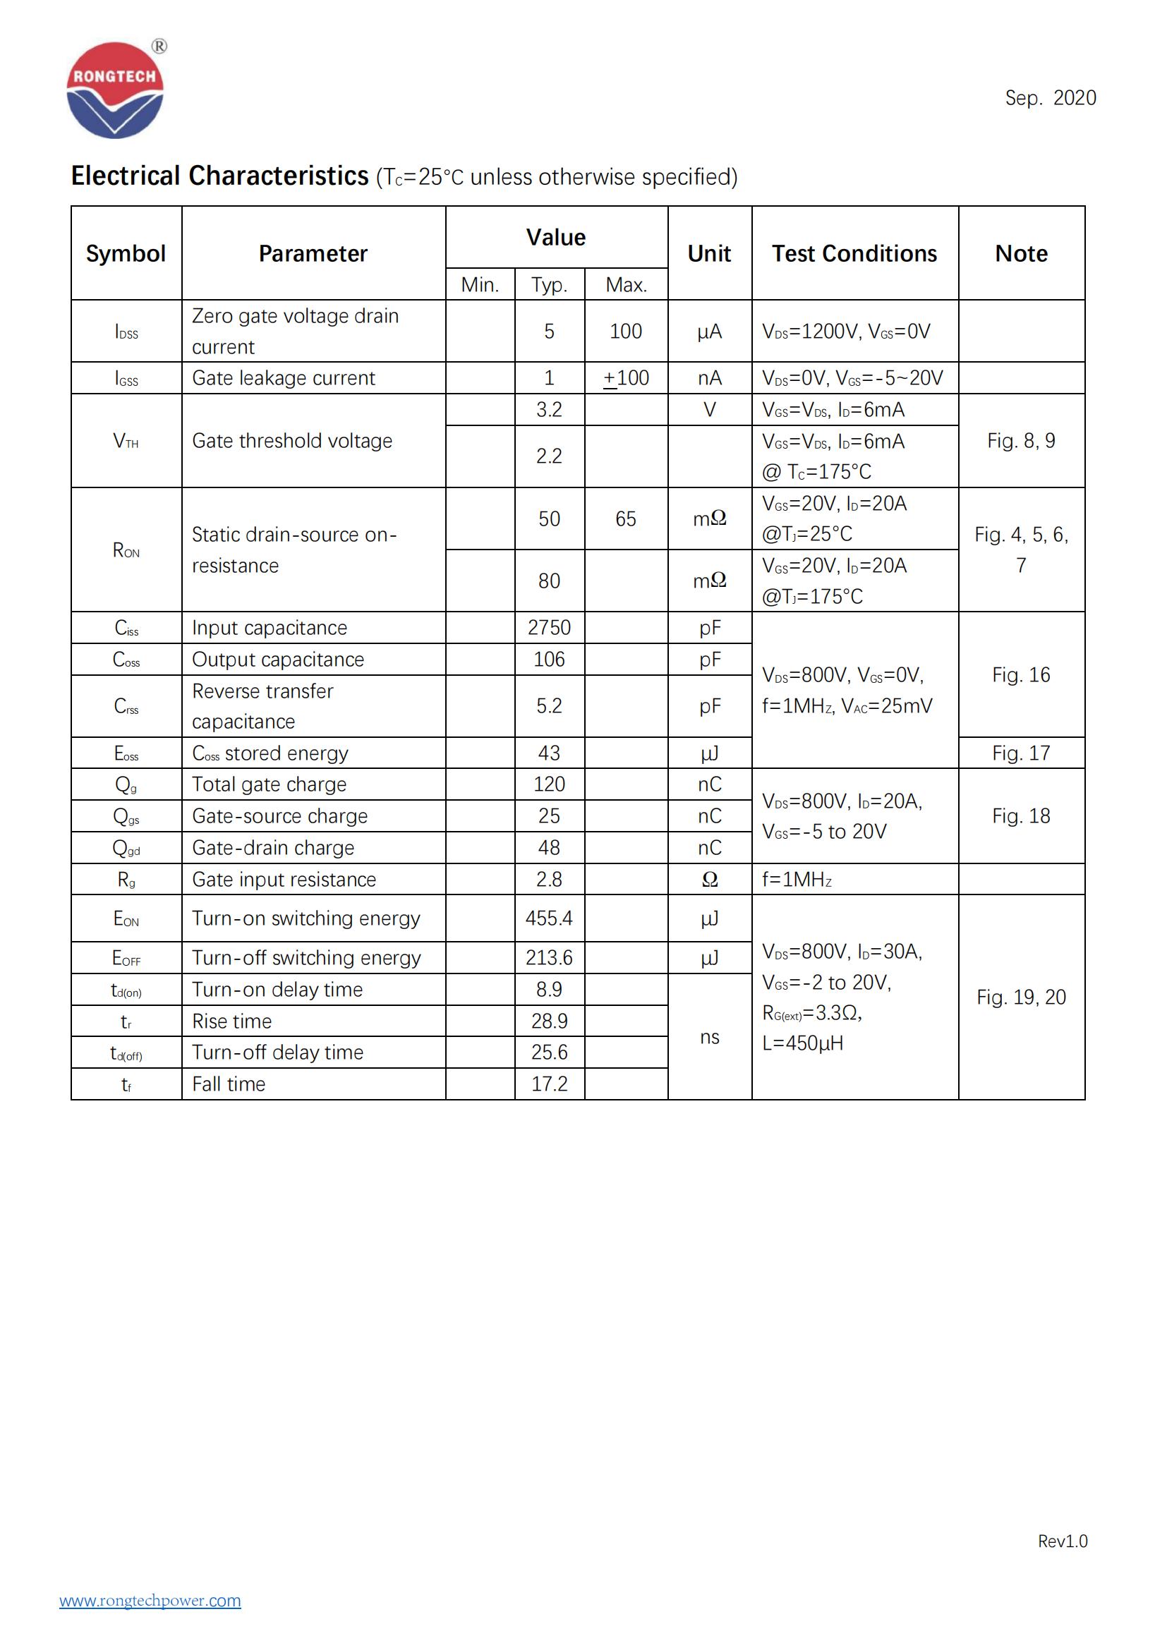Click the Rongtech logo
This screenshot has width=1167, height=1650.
115,90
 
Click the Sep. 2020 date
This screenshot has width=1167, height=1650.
1050,98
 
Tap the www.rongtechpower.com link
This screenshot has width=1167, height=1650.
150,1601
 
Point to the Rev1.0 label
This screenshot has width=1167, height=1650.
1062,1541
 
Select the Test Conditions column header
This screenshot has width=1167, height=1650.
854,254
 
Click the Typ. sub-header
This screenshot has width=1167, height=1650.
549,284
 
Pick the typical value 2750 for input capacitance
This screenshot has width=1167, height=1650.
549,627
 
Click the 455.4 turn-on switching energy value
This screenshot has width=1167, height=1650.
549,918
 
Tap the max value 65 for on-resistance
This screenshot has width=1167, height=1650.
625,519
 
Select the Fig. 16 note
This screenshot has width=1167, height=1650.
1020,675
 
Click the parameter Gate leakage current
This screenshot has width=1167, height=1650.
283,378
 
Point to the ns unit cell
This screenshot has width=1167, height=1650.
709,1037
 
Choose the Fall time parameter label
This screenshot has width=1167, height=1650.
229,1084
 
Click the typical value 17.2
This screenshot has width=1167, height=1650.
549,1084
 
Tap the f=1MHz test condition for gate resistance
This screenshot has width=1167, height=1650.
797,880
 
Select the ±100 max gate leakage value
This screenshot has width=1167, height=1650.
626,378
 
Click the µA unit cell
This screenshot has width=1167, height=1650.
709,332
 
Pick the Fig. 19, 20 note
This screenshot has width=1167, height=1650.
1020,997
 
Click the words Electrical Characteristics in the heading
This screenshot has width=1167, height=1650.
220,176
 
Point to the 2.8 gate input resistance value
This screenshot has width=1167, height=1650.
549,880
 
